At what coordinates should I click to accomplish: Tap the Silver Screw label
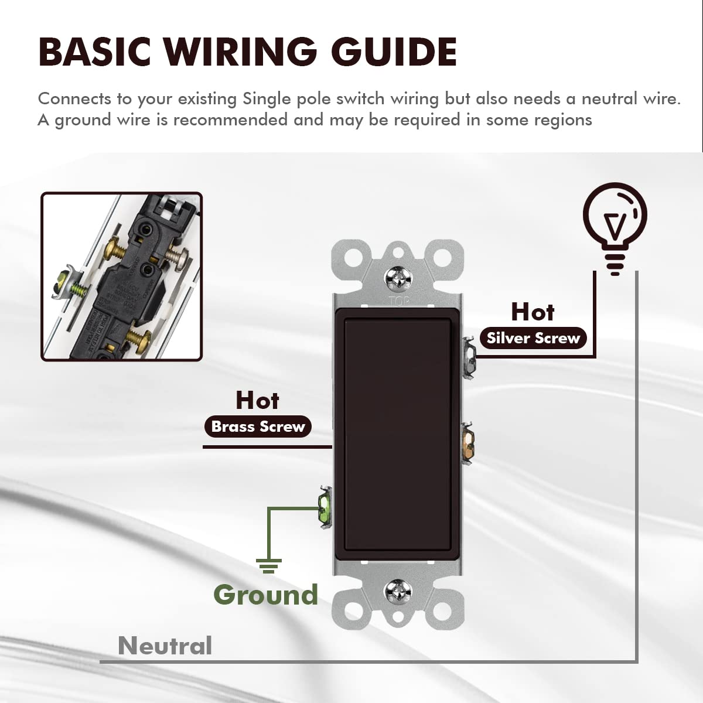[533, 338]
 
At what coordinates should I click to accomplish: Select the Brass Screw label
[258, 426]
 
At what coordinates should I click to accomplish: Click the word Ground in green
[265, 595]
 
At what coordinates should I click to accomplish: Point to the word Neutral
[165, 646]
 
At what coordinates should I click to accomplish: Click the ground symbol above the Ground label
[268, 565]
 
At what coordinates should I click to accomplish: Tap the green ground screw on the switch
[323, 508]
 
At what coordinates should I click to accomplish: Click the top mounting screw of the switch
[398, 278]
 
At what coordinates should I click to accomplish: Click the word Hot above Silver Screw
[533, 312]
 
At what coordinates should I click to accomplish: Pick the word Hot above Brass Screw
[257, 400]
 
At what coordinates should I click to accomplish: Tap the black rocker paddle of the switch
[398, 434]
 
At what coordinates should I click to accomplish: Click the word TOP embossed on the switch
[399, 301]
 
